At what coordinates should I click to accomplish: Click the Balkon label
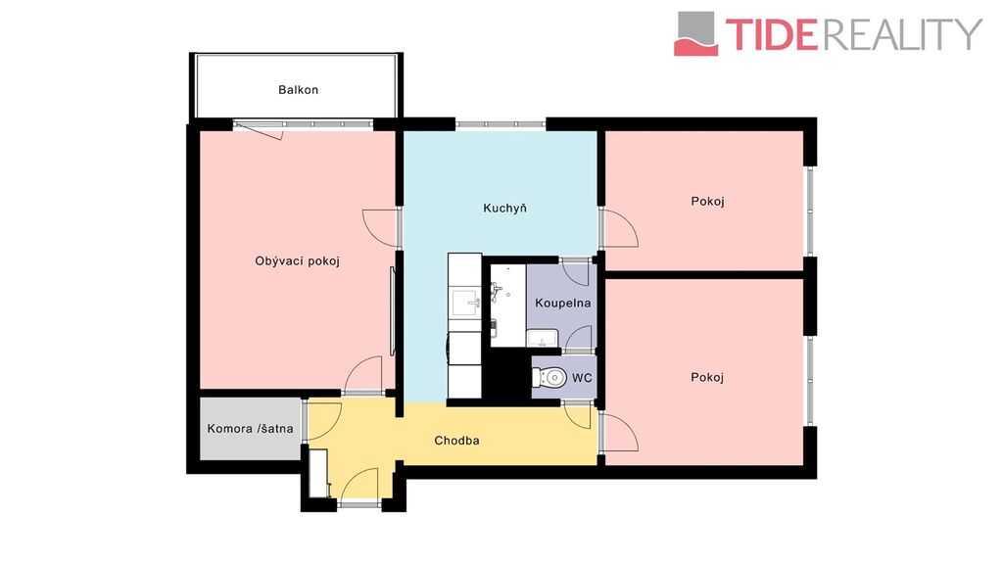298,90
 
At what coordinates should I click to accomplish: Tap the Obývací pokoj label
297,260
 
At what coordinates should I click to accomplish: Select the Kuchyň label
504,208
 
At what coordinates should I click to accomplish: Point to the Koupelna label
563,304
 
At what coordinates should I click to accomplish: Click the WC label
582,378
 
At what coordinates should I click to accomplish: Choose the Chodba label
456,441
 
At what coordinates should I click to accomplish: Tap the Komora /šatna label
250,429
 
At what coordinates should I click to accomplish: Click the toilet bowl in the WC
549,378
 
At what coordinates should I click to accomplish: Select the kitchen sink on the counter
465,302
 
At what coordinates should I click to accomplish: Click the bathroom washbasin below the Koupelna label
543,338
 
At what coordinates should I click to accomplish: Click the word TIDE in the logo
772,34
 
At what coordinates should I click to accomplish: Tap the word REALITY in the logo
902,34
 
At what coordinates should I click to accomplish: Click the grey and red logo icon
696,34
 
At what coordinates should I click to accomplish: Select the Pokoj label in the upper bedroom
707,202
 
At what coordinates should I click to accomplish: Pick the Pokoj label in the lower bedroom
707,377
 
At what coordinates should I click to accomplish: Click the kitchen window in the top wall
501,124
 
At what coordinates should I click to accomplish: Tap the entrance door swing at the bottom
358,485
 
